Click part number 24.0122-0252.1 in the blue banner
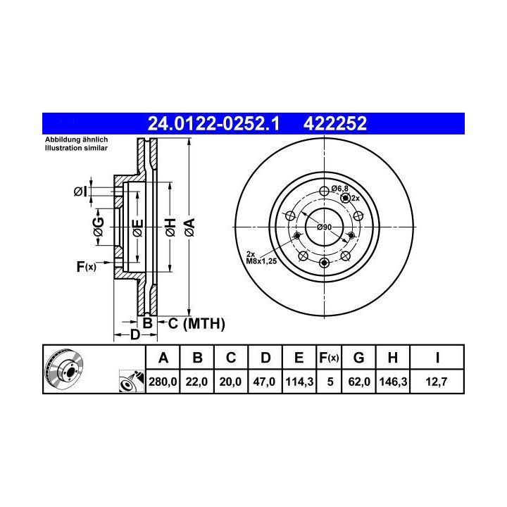click(x=213, y=123)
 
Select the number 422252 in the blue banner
click(x=335, y=123)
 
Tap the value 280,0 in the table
click(x=163, y=382)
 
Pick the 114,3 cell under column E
click(x=299, y=382)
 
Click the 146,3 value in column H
click(x=393, y=382)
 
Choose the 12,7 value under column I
click(x=437, y=382)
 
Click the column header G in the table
click(x=359, y=358)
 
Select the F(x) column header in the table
click(x=329, y=358)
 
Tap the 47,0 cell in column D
click(x=264, y=382)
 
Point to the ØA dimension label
click(x=190, y=227)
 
